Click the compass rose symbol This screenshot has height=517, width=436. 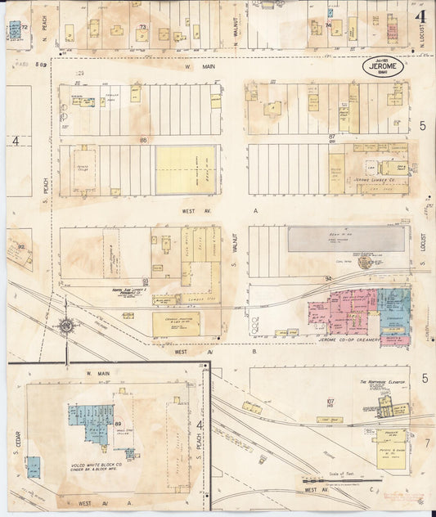click(x=65, y=326)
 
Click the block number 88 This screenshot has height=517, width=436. click(x=143, y=140)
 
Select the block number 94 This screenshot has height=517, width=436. click(x=327, y=279)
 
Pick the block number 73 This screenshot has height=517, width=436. click(x=142, y=27)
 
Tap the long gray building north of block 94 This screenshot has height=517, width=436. click(x=346, y=238)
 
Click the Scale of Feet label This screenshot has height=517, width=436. click(x=359, y=477)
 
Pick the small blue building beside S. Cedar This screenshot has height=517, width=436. click(x=32, y=466)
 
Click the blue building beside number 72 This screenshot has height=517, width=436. click(x=15, y=31)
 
